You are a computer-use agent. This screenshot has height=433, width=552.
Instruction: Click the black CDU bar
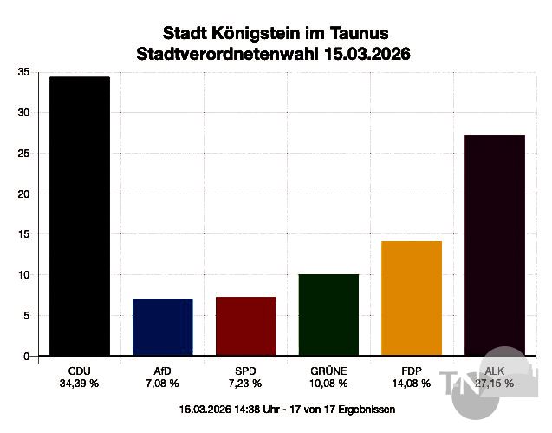pyautogui.click(x=79, y=217)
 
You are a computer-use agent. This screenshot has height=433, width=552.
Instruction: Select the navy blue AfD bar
pyautogui.click(x=162, y=327)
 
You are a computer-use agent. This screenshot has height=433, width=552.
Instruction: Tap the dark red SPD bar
pyautogui.click(x=245, y=326)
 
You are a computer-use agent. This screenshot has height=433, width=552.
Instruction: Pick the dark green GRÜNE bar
pyautogui.click(x=328, y=315)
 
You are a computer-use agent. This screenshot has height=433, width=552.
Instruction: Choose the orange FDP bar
pyautogui.click(x=412, y=299)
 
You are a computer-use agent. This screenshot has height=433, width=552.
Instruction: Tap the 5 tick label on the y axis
pyautogui.click(x=25, y=315)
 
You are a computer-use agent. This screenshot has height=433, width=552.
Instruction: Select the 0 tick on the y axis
pyautogui.click(x=25, y=356)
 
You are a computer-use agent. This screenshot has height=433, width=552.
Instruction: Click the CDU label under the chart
pyautogui.click(x=79, y=371)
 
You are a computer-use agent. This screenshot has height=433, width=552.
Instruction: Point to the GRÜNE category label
pyautogui.click(x=328, y=371)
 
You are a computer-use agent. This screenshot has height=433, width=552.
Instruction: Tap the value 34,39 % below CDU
pyautogui.click(x=79, y=383)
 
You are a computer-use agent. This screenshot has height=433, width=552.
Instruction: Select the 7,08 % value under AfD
pyautogui.click(x=162, y=383)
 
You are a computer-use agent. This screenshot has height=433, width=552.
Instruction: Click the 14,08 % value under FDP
pyautogui.click(x=412, y=383)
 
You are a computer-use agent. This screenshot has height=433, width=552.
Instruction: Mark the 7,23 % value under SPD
pyautogui.click(x=245, y=383)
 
